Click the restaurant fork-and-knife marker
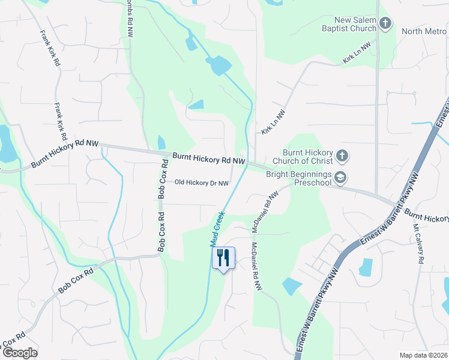[x=223, y=258]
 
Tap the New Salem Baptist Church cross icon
[x=385, y=24]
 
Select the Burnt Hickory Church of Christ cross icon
[x=342, y=156]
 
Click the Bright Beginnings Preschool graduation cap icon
[x=341, y=177]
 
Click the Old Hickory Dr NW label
[x=202, y=183]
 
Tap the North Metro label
[x=424, y=31]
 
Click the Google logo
[x=20, y=352]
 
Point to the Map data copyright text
[x=423, y=355]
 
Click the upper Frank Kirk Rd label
[x=49, y=48]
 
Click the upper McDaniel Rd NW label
[x=266, y=212]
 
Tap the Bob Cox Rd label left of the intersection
[x=76, y=281]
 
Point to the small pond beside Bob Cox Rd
[x=161, y=143]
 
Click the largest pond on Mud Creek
[x=219, y=65]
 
